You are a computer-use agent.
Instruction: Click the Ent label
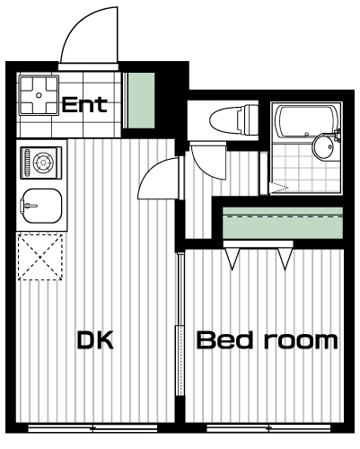84,104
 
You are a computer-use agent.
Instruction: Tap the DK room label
95,339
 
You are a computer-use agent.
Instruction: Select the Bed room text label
267,339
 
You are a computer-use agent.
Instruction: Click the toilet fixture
233,119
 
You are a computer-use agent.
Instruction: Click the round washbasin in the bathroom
322,147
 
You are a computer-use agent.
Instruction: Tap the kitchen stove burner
41,163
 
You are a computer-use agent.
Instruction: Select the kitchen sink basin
41,206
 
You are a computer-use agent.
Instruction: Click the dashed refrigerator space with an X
40,258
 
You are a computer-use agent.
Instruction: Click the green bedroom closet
283,223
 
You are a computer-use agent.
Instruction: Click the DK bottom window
92,428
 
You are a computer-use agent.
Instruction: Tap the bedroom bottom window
268,428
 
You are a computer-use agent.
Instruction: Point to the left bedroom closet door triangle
233,259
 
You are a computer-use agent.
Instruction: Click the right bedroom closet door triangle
285,259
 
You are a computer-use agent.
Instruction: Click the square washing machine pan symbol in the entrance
39,95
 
